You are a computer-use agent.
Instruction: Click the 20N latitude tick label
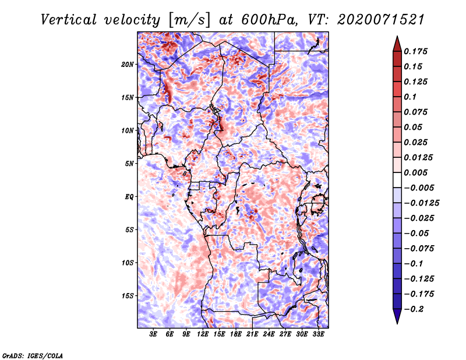coord(128,65)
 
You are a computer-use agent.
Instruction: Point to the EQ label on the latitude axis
coord(129,197)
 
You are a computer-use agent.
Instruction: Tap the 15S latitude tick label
coord(128,296)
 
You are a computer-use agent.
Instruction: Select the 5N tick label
coord(129,164)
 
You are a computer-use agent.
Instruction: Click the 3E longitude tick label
coord(153,334)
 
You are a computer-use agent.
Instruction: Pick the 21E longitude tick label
coord(252,334)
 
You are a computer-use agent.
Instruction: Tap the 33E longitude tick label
coord(318,334)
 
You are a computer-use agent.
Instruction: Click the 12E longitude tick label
coord(203,334)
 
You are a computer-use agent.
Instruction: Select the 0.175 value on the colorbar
coord(415,51)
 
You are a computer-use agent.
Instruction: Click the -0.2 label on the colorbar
coord(414,309)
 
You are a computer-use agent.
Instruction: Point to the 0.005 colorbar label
coord(415,172)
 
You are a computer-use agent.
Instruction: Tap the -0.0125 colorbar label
coord(421,203)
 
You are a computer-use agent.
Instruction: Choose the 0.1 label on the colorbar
coord(410,97)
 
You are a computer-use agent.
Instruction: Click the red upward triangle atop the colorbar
coord(397,44)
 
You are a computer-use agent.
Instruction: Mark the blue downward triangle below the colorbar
coord(397,316)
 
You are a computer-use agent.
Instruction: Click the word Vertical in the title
coord(69,20)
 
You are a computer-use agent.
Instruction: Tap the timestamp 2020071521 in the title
coord(381,20)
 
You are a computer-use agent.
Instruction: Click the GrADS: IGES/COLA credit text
coord(33,355)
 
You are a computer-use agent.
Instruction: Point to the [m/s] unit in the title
coord(189,20)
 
